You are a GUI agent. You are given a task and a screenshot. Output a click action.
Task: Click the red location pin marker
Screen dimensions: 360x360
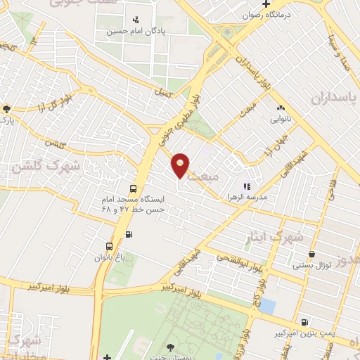(x=181, y=165)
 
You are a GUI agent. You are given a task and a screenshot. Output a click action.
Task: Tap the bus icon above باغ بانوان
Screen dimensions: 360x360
(x=109, y=246)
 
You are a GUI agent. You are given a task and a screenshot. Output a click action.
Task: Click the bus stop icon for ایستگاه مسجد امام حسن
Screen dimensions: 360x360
(x=133, y=188)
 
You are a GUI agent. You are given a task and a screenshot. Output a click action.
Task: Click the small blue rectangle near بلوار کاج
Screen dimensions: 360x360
(x=267, y=307)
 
